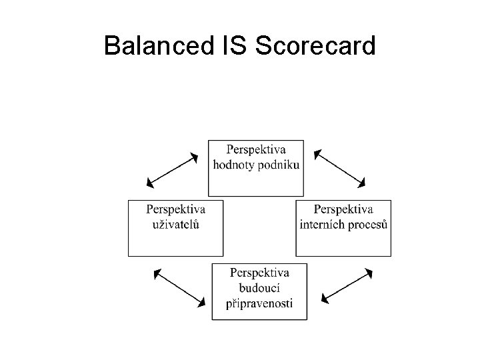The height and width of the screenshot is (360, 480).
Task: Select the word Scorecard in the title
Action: [314, 46]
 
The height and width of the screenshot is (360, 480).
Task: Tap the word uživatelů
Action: [176, 223]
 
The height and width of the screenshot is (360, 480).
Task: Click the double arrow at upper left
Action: [173, 170]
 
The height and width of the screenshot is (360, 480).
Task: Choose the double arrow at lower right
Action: [346, 287]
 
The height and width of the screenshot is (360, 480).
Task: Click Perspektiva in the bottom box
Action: [260, 273]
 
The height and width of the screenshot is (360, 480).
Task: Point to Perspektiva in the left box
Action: [176, 209]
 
